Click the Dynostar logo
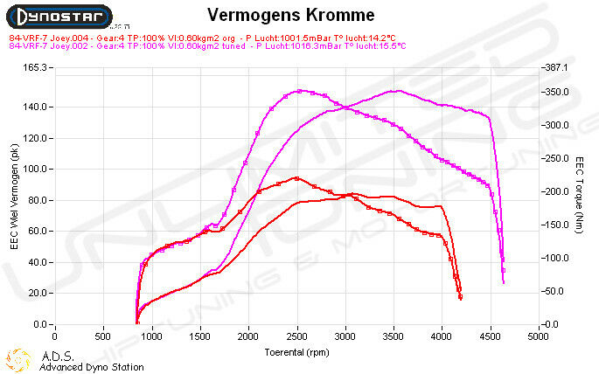coord(55,17)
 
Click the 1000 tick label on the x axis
coord(152,335)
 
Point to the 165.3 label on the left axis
coord(32,67)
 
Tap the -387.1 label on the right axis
coord(558,67)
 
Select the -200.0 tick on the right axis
coord(558,191)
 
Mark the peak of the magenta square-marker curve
coord(300,90)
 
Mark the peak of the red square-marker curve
coord(297,178)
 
